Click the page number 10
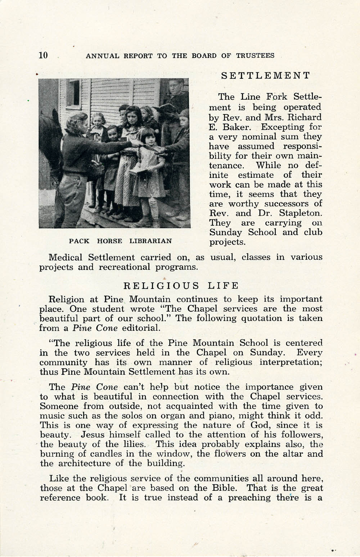(x=43, y=55)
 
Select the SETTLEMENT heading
(x=265, y=75)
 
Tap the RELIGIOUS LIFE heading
(x=181, y=286)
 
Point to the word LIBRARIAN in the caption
(x=150, y=241)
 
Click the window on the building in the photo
(x=74, y=92)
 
